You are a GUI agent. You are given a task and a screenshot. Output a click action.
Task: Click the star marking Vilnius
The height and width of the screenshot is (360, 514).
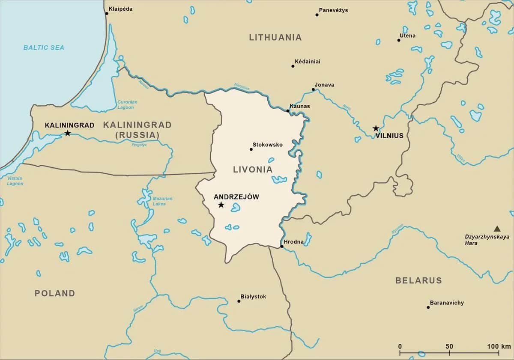(376, 128)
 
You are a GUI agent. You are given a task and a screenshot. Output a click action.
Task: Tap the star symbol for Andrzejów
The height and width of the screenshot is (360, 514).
(221, 205)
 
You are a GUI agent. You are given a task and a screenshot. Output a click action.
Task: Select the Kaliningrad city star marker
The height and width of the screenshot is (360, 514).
(67, 133)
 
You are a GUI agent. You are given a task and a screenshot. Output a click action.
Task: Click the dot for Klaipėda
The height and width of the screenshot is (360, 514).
(107, 13)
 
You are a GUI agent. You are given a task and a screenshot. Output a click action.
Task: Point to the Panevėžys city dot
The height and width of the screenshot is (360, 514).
(317, 15)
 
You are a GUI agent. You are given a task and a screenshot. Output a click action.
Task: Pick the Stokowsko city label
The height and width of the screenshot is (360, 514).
(268, 145)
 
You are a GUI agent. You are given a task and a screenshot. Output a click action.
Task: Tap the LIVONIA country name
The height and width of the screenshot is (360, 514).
(253, 170)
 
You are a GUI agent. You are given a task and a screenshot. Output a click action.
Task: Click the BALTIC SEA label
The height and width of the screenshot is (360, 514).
(44, 48)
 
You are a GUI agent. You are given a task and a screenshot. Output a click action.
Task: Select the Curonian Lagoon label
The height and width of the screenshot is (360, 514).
(127, 105)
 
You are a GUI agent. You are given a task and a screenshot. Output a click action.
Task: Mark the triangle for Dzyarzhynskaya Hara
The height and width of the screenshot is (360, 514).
(497, 229)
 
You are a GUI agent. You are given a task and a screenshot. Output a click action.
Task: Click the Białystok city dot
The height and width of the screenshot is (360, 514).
(239, 301)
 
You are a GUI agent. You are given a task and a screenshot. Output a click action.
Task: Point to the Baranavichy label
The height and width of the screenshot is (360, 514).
(447, 303)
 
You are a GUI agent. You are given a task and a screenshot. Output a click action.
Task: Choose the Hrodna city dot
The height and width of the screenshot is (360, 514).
(281, 246)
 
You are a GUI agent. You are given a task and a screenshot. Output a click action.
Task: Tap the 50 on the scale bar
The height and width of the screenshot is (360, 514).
(449, 346)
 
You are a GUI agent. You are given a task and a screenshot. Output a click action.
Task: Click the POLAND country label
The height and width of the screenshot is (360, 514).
(55, 293)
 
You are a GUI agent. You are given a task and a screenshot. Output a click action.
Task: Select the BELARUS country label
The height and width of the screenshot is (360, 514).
(418, 280)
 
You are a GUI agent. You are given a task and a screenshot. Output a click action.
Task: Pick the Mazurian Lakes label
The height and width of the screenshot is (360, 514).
(162, 201)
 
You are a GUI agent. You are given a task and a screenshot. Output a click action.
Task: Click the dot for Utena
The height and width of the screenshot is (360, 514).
(399, 40)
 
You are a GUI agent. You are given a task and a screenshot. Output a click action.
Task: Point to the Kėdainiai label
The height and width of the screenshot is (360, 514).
(308, 62)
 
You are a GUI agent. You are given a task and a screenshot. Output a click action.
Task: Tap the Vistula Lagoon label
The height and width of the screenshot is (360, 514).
(15, 181)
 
